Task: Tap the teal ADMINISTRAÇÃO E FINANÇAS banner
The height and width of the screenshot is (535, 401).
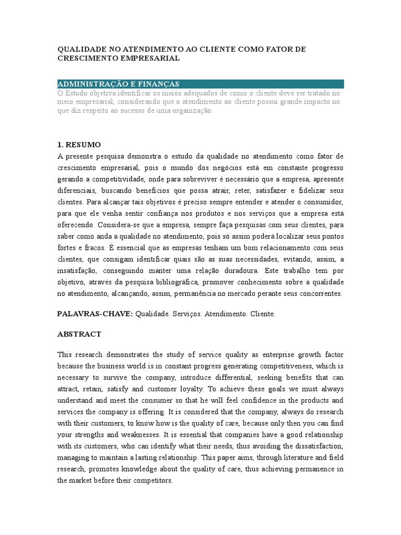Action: (x=200, y=84)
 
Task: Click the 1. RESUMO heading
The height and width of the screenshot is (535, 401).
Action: (x=79, y=144)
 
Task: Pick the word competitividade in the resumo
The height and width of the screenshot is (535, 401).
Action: (x=114, y=179)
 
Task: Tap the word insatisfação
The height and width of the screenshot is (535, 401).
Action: (x=78, y=271)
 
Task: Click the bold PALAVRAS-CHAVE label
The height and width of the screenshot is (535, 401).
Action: (x=95, y=314)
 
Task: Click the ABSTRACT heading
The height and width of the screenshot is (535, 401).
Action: (x=79, y=334)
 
